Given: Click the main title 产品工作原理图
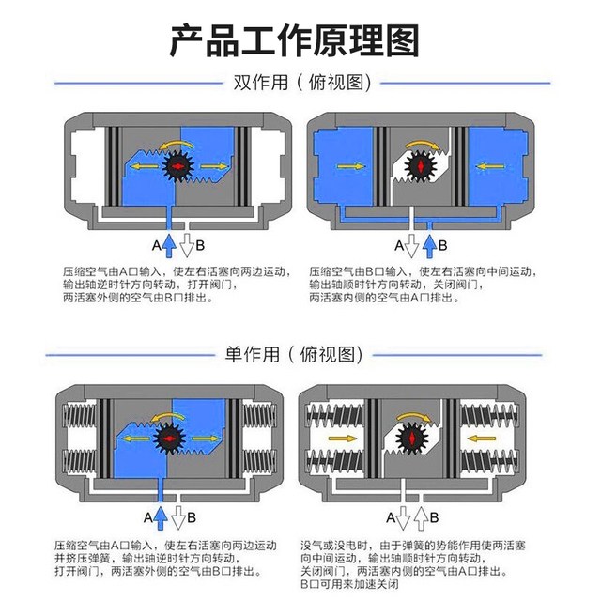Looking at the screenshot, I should [300, 39].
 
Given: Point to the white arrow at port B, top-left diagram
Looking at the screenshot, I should [186, 246].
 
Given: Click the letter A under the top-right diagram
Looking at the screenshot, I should [399, 247].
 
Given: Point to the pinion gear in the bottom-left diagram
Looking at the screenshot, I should [170, 439].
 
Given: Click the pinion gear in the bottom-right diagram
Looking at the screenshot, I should [414, 439].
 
